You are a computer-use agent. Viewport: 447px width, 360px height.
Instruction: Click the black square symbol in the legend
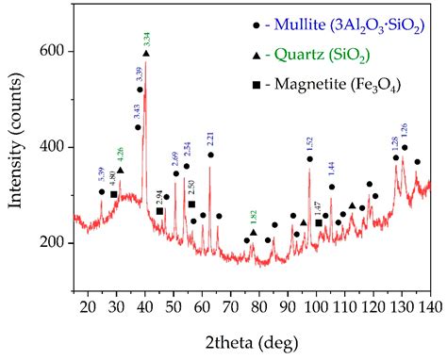click(x=227, y=87)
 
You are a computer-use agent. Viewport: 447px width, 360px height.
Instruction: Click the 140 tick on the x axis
click(x=429, y=307)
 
